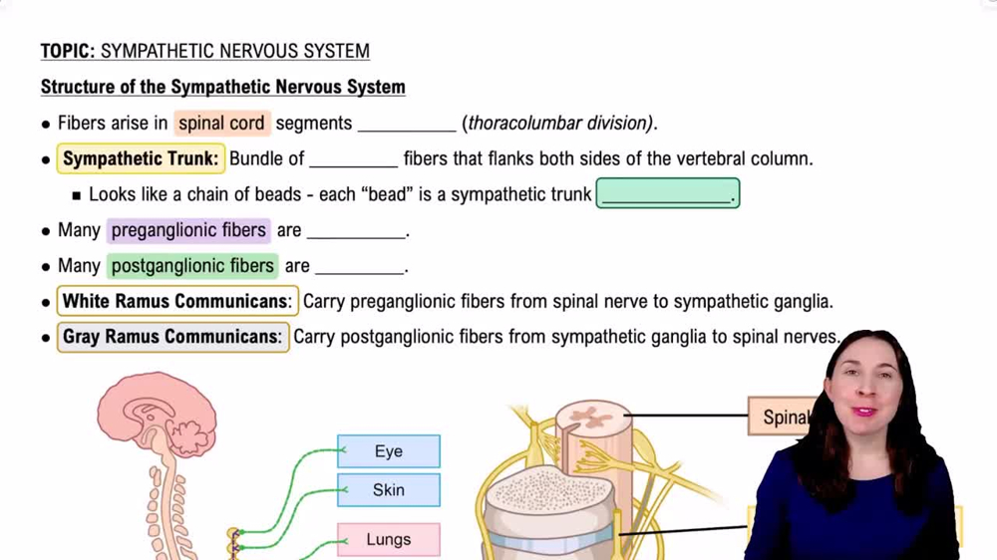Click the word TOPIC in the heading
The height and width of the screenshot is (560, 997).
66,51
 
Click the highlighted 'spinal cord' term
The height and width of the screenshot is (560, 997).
221,124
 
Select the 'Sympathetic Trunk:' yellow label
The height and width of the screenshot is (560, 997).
140,158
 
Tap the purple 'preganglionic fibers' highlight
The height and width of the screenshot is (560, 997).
188,230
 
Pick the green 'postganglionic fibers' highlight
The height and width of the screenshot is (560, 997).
192,266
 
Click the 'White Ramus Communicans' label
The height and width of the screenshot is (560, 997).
176,301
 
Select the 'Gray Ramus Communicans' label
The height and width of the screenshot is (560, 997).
171,337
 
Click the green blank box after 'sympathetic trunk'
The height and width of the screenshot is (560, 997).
667,194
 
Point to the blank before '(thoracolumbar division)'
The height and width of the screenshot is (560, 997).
407,126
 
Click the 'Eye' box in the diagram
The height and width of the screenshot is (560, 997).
388,451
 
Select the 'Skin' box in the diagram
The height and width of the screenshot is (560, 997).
388,489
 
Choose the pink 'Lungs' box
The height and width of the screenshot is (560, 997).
388,539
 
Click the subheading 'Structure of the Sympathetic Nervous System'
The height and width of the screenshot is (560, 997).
222,87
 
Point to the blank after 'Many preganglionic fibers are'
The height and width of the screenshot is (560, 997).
356,232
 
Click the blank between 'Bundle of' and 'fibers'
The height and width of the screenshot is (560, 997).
353,160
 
